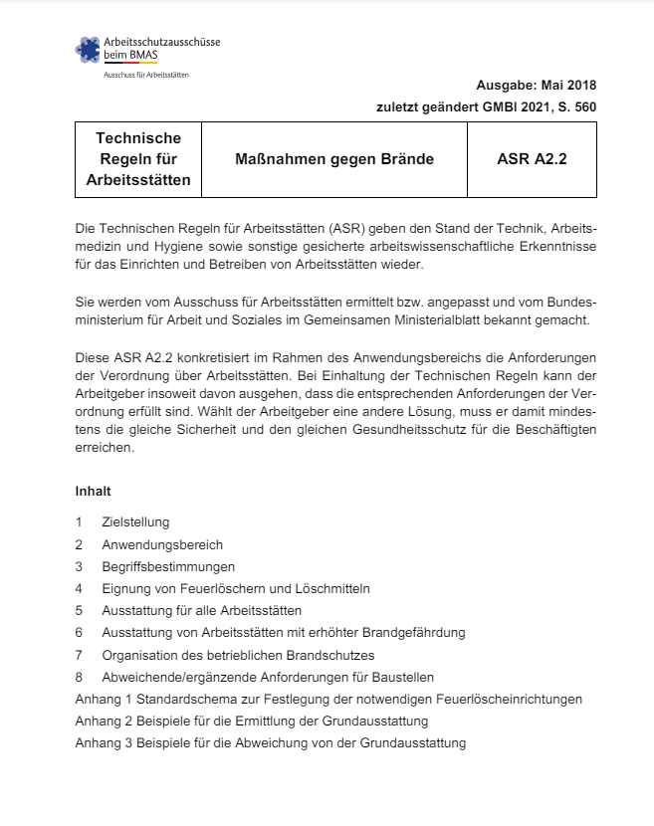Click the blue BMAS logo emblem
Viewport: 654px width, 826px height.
89,50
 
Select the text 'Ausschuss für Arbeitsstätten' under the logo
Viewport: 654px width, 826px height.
145,76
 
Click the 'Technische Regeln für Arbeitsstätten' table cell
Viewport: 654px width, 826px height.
138,159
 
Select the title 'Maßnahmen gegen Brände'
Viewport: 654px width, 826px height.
333,159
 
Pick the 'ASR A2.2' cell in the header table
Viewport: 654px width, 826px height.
532,159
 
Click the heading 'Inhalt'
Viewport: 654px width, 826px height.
93,492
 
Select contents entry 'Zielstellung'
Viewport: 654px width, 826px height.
135,522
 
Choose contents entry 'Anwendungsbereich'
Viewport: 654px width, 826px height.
162,544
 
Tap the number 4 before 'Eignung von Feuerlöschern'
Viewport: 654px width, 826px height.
79,588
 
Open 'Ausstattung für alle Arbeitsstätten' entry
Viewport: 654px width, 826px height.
201,610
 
